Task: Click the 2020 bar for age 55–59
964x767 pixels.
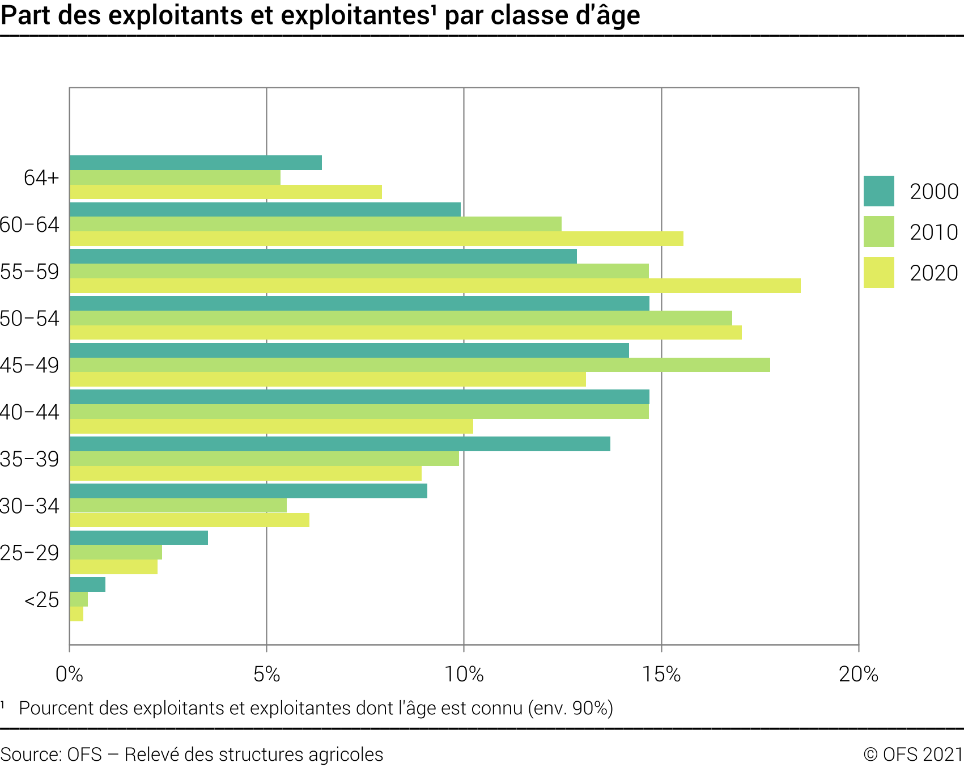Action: pyautogui.click(x=435, y=286)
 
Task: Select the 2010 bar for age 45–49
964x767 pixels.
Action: pyautogui.click(x=419, y=365)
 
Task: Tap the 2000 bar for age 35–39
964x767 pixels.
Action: pyautogui.click(x=339, y=444)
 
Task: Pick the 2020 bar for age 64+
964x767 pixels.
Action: pyautogui.click(x=226, y=192)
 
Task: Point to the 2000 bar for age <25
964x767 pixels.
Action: pyautogui.click(x=87, y=584)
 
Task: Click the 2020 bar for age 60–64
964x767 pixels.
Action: pyautogui.click(x=376, y=239)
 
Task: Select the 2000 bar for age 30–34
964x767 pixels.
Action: pyautogui.click(x=248, y=491)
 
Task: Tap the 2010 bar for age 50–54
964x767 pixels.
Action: pyautogui.click(x=401, y=318)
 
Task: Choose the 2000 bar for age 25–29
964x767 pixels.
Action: pyautogui.click(x=138, y=537)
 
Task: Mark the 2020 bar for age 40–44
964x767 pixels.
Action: pyautogui.click(x=271, y=426)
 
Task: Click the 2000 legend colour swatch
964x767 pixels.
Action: pyautogui.click(x=878, y=191)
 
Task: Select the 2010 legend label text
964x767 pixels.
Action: pyautogui.click(x=933, y=232)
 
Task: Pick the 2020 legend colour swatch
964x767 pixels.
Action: pyautogui.click(x=878, y=273)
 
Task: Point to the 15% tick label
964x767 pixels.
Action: pyautogui.click(x=661, y=674)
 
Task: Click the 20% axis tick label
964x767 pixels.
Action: pyautogui.click(x=858, y=674)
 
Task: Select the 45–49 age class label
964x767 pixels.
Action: pyautogui.click(x=29, y=365)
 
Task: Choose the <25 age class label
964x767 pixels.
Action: pyautogui.click(x=41, y=600)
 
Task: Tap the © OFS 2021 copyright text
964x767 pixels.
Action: pyautogui.click(x=913, y=755)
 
